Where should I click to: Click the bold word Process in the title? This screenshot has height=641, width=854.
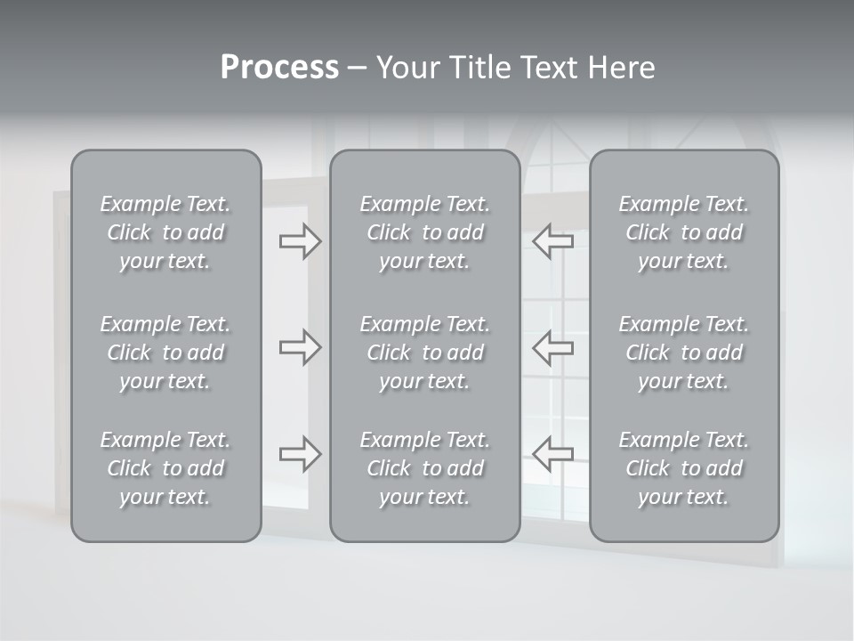tap(279, 68)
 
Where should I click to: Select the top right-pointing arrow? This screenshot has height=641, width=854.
tap(300, 241)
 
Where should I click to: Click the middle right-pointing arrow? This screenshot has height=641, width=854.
tap(300, 347)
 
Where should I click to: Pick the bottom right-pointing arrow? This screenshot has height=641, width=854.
tap(300, 454)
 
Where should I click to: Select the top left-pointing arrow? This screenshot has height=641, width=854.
tap(553, 241)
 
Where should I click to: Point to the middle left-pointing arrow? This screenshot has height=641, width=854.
tap(553, 347)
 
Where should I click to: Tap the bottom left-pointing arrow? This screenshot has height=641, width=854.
tap(553, 454)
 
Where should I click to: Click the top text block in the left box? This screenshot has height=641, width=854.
tap(165, 232)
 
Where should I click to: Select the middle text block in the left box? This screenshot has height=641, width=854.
tap(165, 353)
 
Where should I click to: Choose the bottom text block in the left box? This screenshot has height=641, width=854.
tap(165, 468)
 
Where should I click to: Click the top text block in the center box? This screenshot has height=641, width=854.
tap(424, 232)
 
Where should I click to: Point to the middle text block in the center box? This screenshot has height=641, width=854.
tap(424, 353)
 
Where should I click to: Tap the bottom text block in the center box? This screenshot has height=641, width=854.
tap(424, 468)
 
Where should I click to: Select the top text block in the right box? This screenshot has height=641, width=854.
tap(683, 232)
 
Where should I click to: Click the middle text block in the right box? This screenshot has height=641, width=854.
tap(683, 353)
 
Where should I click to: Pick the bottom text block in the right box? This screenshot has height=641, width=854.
tap(683, 468)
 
